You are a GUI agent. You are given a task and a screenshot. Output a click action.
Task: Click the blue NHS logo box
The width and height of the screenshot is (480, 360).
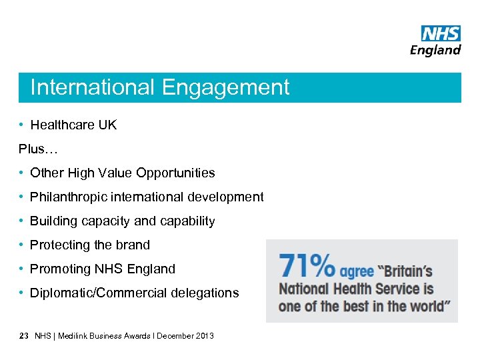point(441,33)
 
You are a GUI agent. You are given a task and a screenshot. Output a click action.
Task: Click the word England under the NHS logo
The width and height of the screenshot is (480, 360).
point(435,50)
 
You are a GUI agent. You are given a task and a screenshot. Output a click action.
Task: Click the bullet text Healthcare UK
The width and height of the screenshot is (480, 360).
point(73,125)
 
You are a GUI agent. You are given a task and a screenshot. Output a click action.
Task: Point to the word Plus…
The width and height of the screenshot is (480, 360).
point(39,149)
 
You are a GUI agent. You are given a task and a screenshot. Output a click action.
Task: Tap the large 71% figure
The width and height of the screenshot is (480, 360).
point(307,266)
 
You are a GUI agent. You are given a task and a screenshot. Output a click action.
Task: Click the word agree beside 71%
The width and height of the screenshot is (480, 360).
point(357,271)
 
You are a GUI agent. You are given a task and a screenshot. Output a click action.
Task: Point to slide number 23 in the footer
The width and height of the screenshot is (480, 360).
point(24,336)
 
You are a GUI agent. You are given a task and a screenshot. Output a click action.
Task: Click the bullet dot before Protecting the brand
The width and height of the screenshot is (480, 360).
point(22,245)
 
